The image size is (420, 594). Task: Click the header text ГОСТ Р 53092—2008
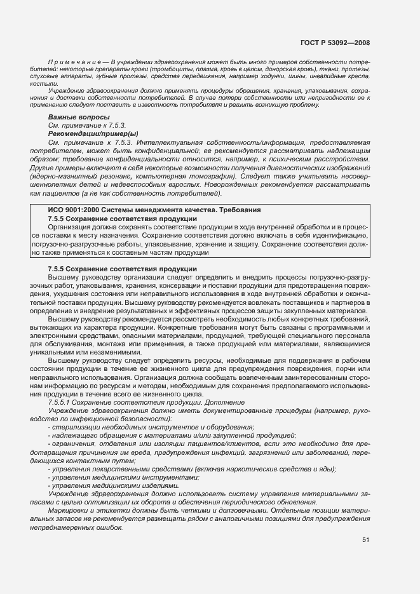335,43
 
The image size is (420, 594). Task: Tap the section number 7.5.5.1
61,403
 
